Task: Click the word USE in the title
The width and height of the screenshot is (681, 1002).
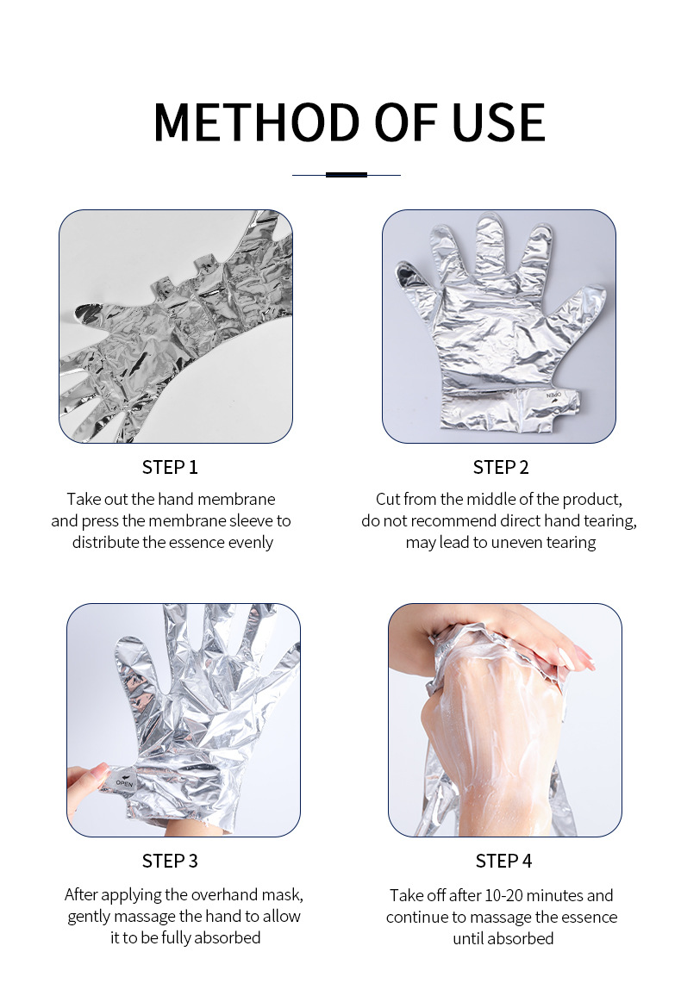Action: coord(499,122)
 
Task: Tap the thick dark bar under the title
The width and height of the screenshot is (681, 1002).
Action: coord(346,174)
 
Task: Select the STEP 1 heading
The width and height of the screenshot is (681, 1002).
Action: coord(170,467)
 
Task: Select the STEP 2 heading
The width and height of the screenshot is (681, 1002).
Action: coord(501,467)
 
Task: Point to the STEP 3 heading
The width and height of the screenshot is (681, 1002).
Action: coord(170,861)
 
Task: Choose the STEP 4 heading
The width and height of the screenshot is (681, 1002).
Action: coord(503,861)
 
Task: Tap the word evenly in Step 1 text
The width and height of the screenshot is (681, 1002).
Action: coord(249,543)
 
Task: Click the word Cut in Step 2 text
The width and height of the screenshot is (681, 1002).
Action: coord(387,499)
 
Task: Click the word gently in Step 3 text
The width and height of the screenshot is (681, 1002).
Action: coord(90,917)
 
